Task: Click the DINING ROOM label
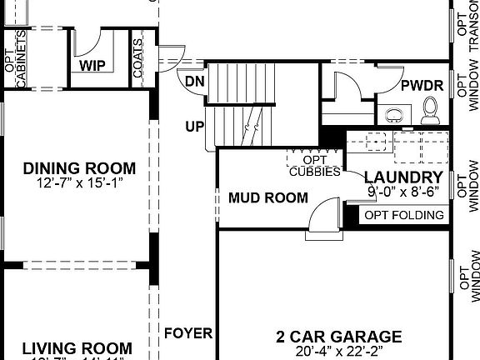[x=79, y=168]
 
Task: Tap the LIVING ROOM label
[x=77, y=348]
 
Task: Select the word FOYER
[x=188, y=333]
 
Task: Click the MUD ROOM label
[x=268, y=198]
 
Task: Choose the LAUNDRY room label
[x=403, y=177]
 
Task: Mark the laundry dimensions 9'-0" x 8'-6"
[x=403, y=191]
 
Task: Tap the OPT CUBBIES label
[x=315, y=166]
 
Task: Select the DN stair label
[x=194, y=81]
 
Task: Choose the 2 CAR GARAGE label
[x=338, y=337]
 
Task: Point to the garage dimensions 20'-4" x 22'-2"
[x=338, y=352]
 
